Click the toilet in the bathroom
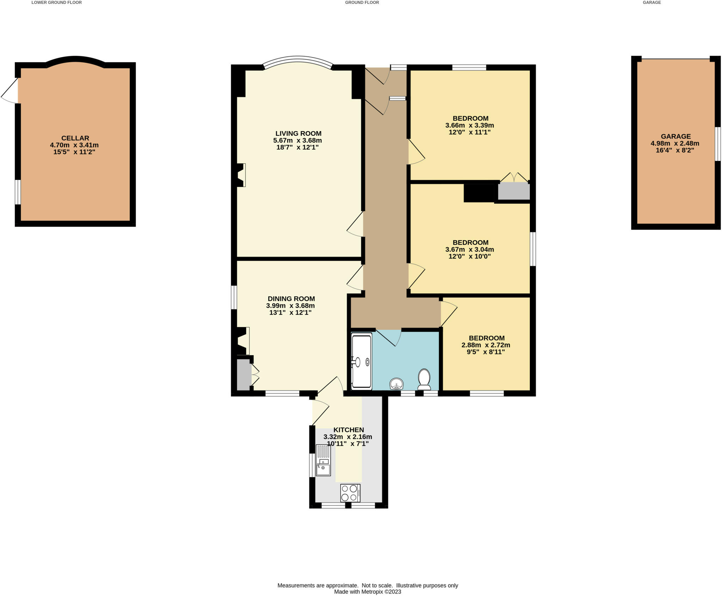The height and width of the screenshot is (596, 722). (423, 379)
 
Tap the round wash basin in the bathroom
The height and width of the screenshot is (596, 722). (396, 384)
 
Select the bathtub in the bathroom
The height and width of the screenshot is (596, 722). (362, 361)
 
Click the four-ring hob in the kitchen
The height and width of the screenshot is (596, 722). (350, 493)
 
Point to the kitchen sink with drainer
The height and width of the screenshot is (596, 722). (323, 460)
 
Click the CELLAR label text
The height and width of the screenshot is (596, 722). (75, 138)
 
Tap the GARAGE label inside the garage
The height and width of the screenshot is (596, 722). (675, 136)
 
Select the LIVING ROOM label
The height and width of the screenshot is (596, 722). (298, 133)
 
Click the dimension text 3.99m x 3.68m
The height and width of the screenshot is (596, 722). (290, 306)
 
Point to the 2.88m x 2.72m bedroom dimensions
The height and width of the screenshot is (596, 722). (486, 345)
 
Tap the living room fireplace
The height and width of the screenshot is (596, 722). (241, 175)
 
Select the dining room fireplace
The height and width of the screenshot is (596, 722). (243, 341)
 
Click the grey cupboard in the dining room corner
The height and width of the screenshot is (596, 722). (244, 375)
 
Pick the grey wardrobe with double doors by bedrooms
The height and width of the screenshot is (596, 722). (514, 190)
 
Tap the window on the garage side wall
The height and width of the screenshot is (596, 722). (717, 144)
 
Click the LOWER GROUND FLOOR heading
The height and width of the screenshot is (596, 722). (56, 2)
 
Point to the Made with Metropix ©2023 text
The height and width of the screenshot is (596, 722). (367, 592)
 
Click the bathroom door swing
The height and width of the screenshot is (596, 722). (390, 337)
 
